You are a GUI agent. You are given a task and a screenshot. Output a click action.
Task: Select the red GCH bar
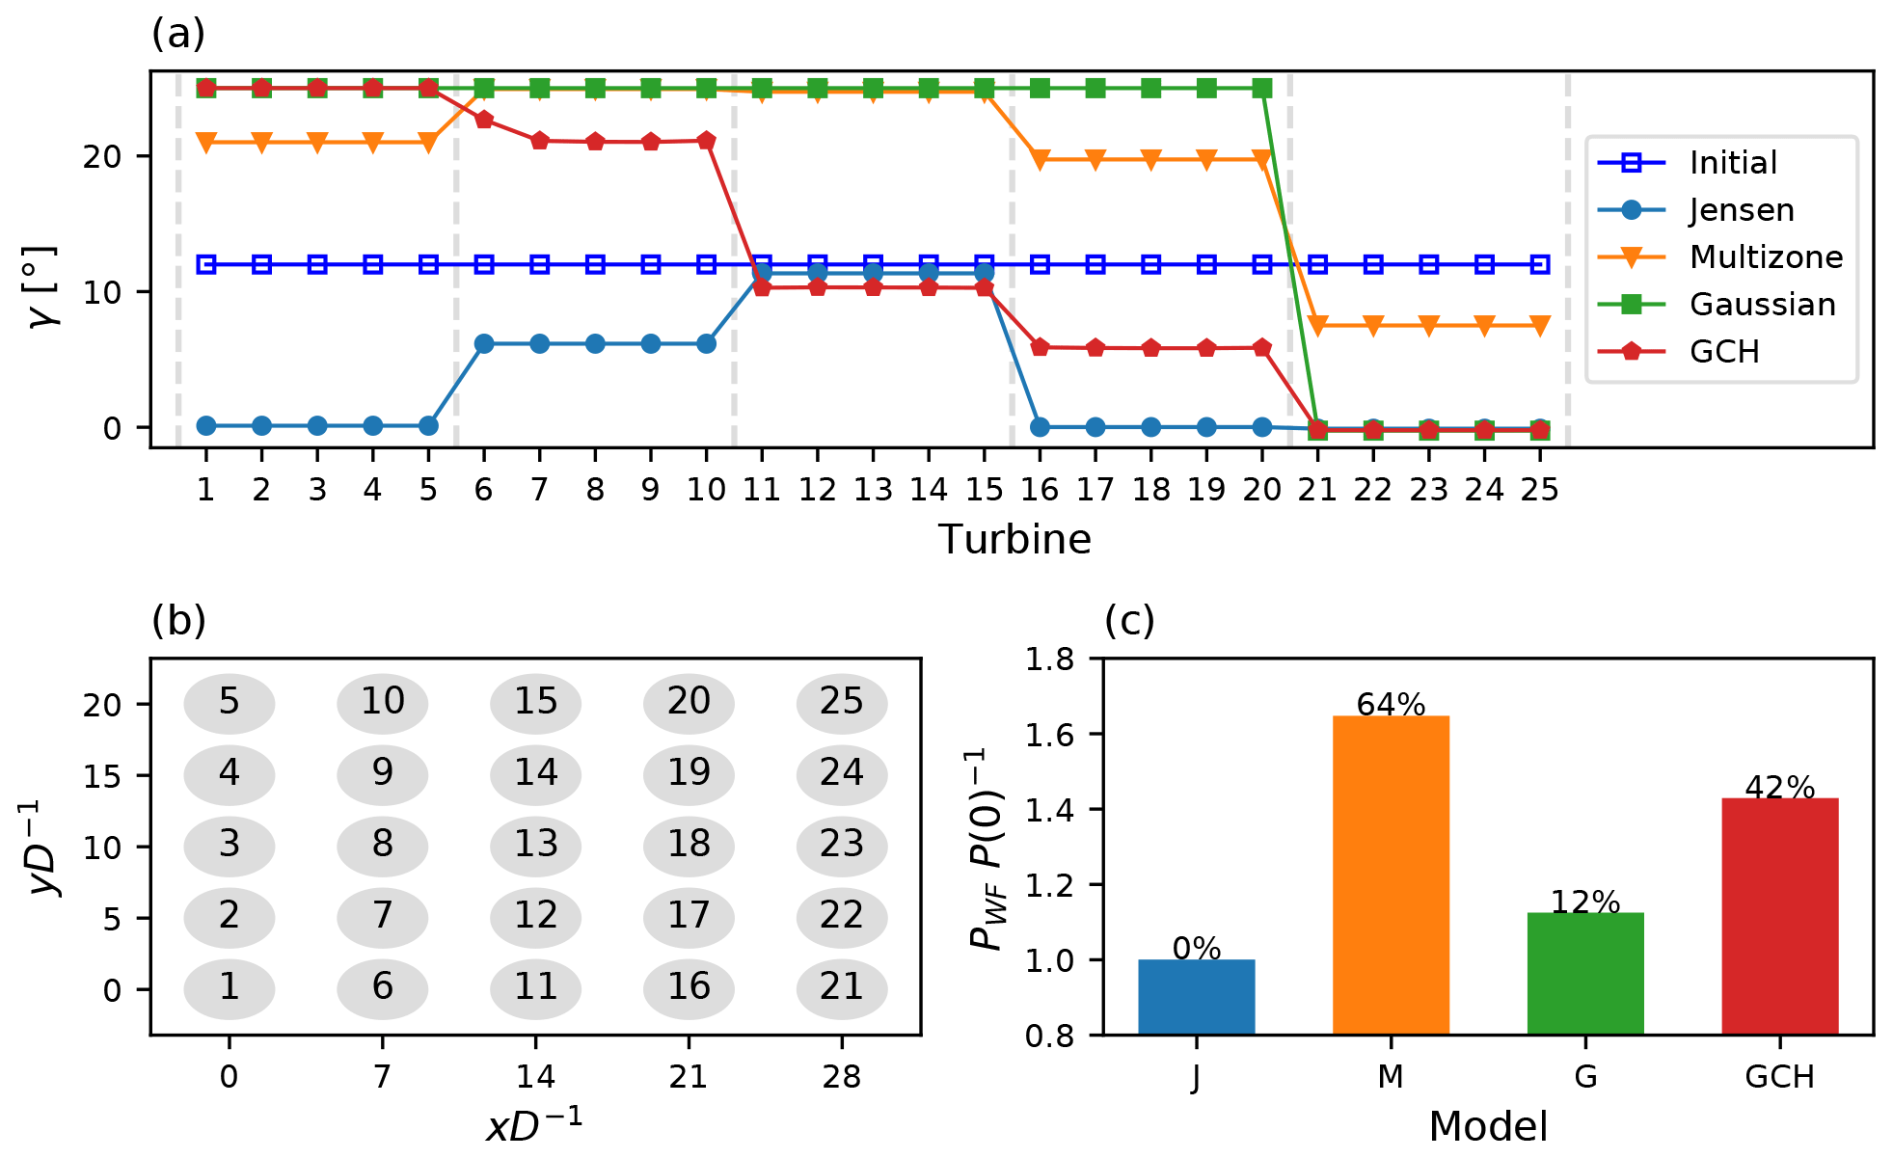pyautogui.click(x=1779, y=915)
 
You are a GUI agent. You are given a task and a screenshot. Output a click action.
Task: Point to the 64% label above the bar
pyautogui.click(x=1391, y=705)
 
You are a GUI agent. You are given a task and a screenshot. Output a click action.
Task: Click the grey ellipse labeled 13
pyautogui.click(x=535, y=845)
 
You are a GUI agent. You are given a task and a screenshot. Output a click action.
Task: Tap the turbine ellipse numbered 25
pyautogui.click(x=842, y=702)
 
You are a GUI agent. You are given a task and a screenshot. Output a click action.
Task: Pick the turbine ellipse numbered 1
pyautogui.click(x=230, y=987)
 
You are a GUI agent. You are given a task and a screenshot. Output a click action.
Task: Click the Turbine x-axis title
pyautogui.click(x=1014, y=540)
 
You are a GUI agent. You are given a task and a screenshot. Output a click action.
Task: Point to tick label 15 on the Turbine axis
pyautogui.click(x=984, y=491)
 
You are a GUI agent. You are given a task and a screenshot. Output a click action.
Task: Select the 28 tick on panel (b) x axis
pyautogui.click(x=842, y=1077)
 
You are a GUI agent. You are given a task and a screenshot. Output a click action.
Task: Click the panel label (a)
pyautogui.click(x=178, y=35)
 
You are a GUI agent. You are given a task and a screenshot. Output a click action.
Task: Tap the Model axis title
pyautogui.click(x=1488, y=1126)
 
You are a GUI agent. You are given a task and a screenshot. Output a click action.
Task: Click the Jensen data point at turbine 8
pyautogui.click(x=595, y=344)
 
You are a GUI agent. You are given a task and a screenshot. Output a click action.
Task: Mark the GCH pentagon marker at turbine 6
pyautogui.click(x=484, y=120)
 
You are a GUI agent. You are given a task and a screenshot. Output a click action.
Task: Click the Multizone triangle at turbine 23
pyautogui.click(x=1428, y=326)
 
